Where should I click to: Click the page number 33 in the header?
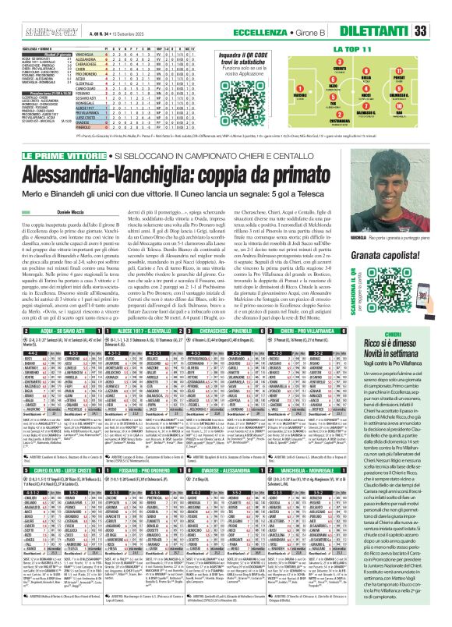pos(441,30)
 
